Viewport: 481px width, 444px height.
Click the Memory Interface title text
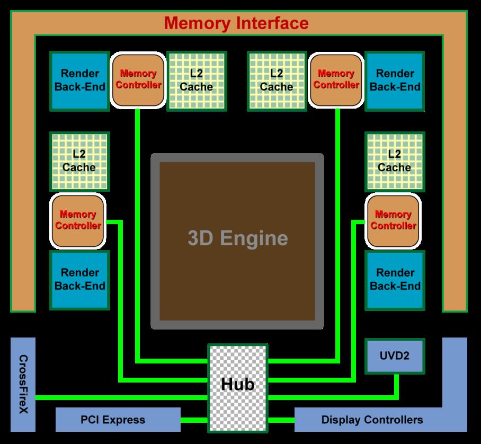[236, 23]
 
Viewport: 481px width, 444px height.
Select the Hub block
[238, 388]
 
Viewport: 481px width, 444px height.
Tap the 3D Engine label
[238, 238]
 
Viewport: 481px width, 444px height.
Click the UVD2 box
[395, 356]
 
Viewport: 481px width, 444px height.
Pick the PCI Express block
[118, 420]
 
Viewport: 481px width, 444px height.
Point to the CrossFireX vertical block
[23, 385]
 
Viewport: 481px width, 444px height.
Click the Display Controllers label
[372, 420]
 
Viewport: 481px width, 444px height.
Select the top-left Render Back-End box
[80, 81]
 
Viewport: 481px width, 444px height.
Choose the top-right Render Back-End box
[395, 81]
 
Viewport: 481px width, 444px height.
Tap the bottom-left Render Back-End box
[80, 280]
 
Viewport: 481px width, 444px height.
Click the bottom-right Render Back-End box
[395, 280]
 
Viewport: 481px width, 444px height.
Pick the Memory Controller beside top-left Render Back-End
[138, 81]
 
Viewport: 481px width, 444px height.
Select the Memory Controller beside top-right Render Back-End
[336, 81]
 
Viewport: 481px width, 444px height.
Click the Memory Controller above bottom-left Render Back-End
[78, 221]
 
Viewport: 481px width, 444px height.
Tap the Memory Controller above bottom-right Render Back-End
[393, 221]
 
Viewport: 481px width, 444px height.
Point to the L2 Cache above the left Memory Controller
[80, 162]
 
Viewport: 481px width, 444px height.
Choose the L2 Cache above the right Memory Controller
[395, 162]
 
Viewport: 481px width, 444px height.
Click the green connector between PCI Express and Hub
[194, 420]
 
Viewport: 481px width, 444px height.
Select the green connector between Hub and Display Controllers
[281, 420]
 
